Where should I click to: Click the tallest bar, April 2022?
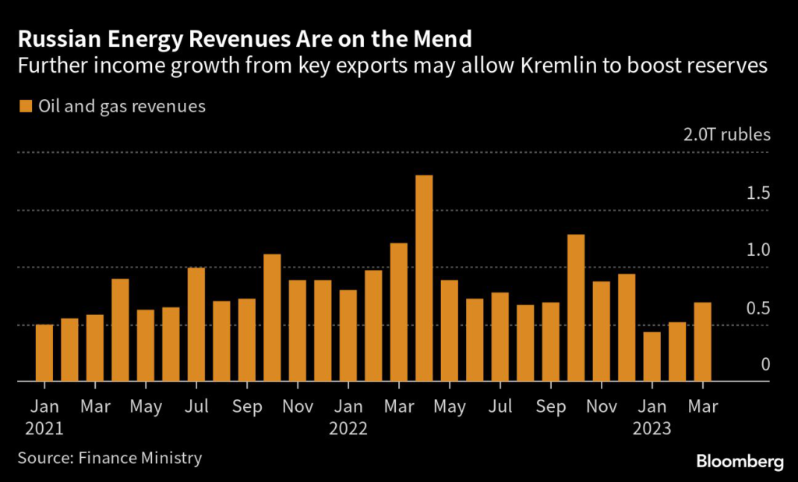pos(424,278)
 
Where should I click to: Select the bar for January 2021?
pos(44,353)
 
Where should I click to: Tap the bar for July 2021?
pos(196,325)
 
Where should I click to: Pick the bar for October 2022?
pos(576,308)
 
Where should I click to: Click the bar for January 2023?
pos(651,357)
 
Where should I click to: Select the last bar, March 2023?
pos(702,342)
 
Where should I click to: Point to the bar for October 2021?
pos(272,318)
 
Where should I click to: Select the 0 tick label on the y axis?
pos(765,365)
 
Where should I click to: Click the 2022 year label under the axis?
pos(348,428)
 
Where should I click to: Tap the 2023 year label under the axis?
pos(651,428)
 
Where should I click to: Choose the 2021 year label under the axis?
pos(44,428)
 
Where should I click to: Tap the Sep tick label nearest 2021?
pos(246,406)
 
